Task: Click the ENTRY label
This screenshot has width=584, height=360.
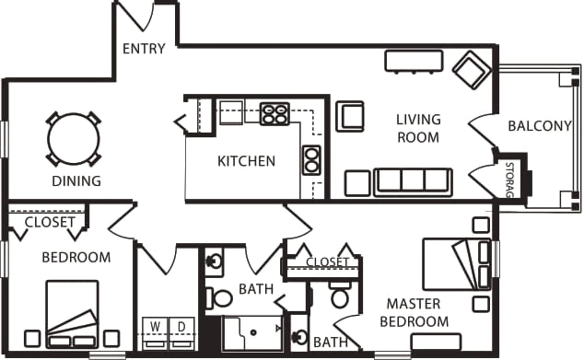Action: click(x=144, y=49)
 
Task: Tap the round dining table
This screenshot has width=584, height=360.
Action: click(x=74, y=139)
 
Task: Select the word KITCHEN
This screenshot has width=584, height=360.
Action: click(x=246, y=161)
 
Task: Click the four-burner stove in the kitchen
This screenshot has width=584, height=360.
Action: click(x=274, y=113)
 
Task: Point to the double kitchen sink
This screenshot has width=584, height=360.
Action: click(x=311, y=160)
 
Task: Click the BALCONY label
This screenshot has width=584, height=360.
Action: click(x=540, y=126)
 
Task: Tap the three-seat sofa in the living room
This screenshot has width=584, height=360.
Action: click(x=413, y=182)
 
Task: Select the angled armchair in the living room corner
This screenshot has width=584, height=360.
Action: click(x=472, y=70)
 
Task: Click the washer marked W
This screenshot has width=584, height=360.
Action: click(x=156, y=332)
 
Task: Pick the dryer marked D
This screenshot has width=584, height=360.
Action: click(x=181, y=332)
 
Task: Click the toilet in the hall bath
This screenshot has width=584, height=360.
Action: click(x=219, y=297)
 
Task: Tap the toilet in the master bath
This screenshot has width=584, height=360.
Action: click(x=339, y=295)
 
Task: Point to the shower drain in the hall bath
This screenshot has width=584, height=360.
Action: click(x=253, y=332)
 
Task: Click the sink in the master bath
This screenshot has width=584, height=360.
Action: click(x=299, y=337)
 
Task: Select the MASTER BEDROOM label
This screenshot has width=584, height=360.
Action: click(x=415, y=312)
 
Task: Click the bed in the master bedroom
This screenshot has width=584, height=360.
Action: click(x=457, y=264)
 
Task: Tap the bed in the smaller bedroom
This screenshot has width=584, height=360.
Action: click(x=72, y=314)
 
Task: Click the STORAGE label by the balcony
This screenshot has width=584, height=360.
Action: click(x=509, y=180)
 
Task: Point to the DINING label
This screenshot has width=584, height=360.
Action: click(x=76, y=181)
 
